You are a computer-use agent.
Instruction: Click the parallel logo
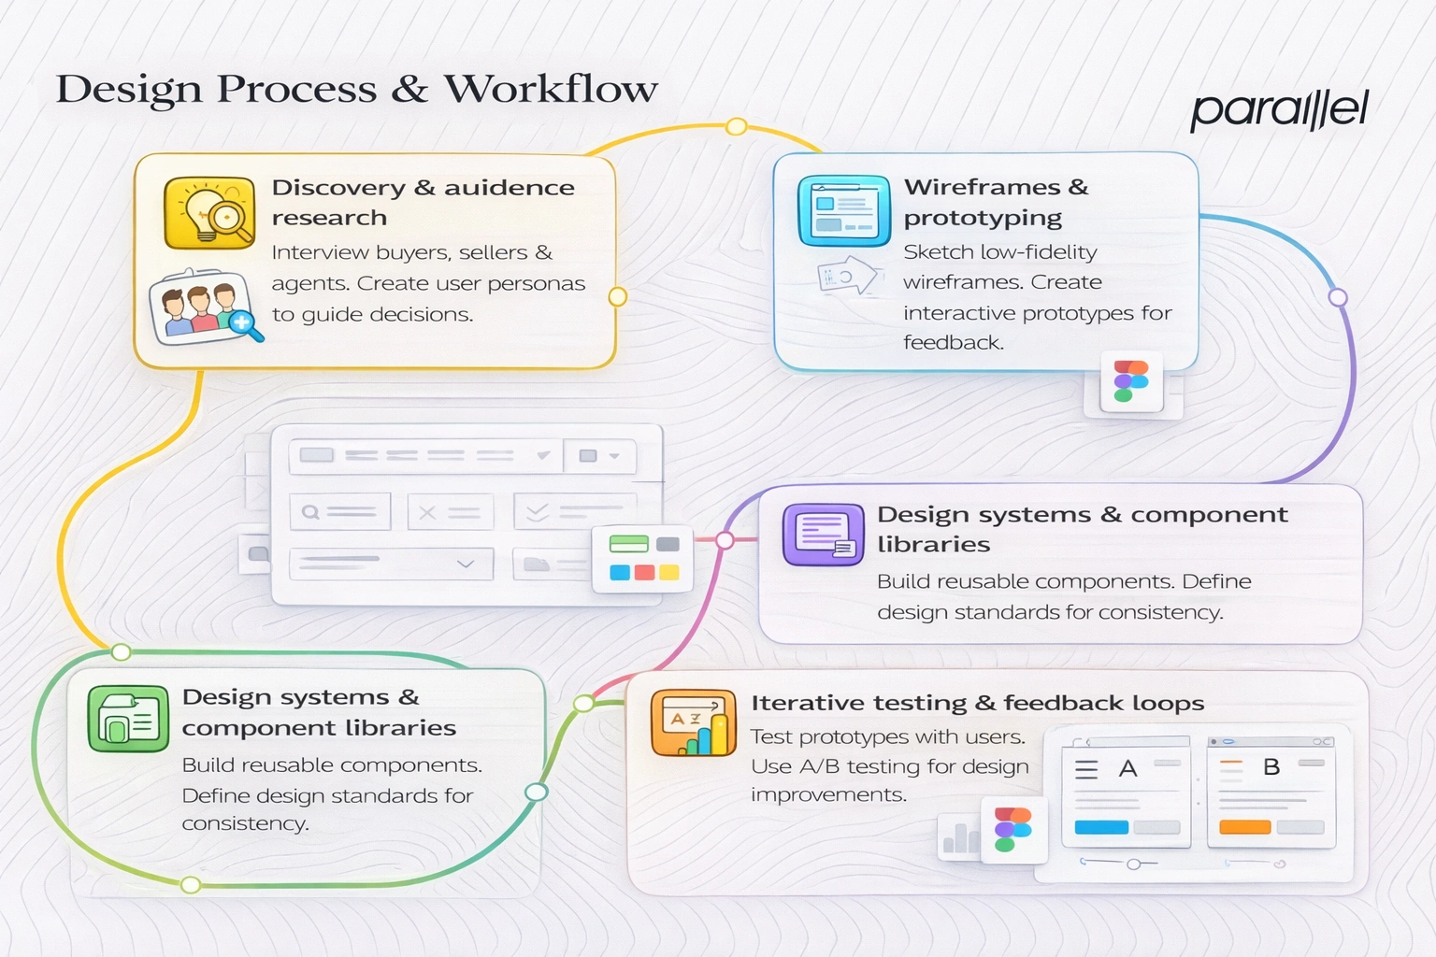(x=1278, y=110)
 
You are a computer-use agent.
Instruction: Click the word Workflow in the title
(x=551, y=89)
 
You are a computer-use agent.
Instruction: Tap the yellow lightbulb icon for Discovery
(x=209, y=213)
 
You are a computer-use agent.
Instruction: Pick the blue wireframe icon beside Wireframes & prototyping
(x=843, y=210)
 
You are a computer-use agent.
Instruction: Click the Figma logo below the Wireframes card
(x=1131, y=381)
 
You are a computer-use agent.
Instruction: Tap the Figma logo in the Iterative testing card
(x=1012, y=829)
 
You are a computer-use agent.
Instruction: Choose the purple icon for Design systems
(x=823, y=535)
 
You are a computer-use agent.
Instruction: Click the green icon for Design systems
(x=128, y=719)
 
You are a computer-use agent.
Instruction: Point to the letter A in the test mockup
(x=1128, y=769)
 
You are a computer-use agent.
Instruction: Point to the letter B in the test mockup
(x=1271, y=767)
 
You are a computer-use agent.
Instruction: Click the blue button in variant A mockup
(x=1101, y=827)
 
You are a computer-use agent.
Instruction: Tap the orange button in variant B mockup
(x=1244, y=827)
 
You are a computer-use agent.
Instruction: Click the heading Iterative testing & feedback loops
(x=977, y=703)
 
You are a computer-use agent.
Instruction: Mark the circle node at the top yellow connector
(x=737, y=126)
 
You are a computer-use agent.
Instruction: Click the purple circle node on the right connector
(x=1338, y=297)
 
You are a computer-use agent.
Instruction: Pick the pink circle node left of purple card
(x=725, y=540)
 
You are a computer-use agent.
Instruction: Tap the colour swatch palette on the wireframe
(x=643, y=559)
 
